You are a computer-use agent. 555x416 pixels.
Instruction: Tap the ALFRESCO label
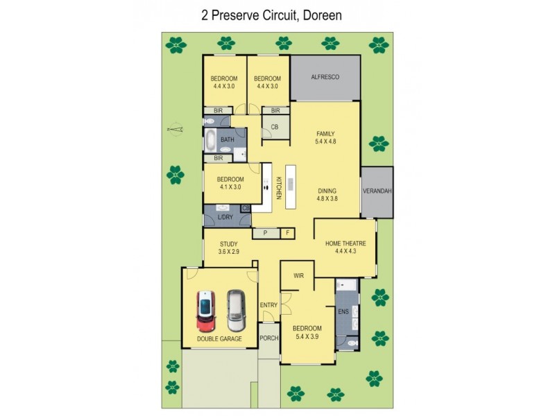coord(325,77)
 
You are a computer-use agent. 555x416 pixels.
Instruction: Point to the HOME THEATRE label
coord(345,243)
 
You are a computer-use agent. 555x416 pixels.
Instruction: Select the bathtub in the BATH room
coord(210,141)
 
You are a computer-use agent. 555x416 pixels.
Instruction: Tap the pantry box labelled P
coord(264,234)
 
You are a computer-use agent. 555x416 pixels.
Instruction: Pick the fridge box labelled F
coord(287,234)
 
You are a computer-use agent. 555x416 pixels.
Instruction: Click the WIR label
coord(298,275)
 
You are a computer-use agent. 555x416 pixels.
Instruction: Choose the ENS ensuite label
coord(343,313)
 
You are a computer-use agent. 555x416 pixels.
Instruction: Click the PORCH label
coord(268,338)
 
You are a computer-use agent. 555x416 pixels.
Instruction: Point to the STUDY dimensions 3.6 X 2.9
coord(229,252)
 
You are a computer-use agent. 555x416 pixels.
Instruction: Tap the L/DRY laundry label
coord(225,218)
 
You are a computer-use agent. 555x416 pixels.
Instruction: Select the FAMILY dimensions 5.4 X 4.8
coord(325,142)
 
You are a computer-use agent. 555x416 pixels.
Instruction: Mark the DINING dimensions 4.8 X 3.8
coord(327,198)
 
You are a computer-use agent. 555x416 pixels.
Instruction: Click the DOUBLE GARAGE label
coord(219,339)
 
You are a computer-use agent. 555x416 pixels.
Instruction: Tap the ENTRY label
coord(268,305)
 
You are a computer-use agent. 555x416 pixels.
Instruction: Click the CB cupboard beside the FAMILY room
coord(275,127)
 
